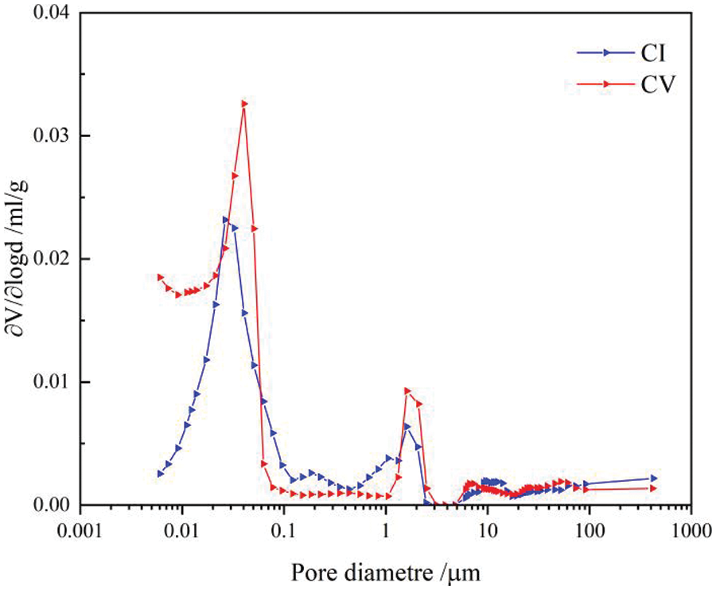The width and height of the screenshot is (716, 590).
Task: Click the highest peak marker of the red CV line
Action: pos(244,104)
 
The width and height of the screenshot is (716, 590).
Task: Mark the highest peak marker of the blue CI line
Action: pos(225,220)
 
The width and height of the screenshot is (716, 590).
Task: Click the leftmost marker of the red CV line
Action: pos(160,277)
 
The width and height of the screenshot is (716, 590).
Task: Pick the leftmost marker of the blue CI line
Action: pos(160,473)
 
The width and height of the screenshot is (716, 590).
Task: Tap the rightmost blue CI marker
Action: pos(654,478)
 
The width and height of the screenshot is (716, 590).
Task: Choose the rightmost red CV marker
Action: pos(654,488)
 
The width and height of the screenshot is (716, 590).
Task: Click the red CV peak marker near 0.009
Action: pos(408,391)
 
